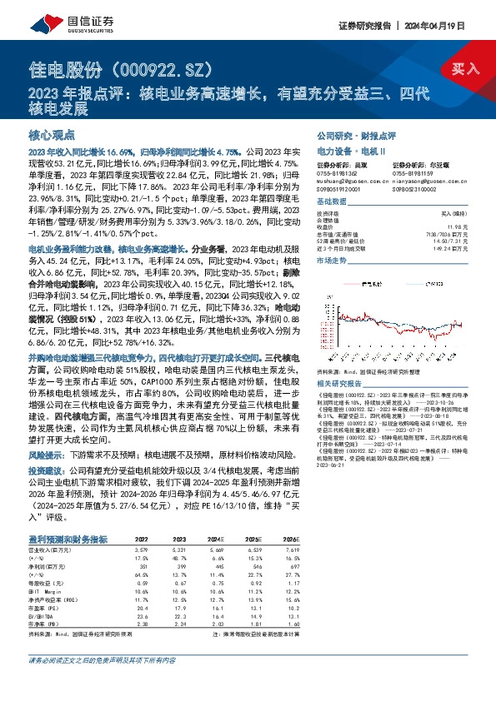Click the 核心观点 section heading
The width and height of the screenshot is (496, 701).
[52, 134]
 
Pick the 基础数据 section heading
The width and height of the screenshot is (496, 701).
[330, 204]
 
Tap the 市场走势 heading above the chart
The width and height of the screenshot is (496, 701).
[330, 261]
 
